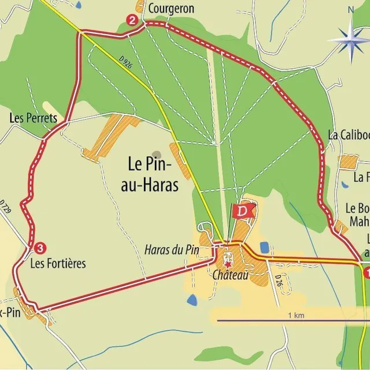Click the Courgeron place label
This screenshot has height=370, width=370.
pos(171,9)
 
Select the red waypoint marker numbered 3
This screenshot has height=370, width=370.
pos(39,249)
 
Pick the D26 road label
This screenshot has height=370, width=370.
pos(278,282)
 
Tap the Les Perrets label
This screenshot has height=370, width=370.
pos(33,118)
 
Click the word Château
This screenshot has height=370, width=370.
pos(230,276)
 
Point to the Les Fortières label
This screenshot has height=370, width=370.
pos(58,264)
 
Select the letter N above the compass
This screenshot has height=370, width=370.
pos(350,10)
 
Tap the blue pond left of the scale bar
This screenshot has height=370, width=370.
pos(192,299)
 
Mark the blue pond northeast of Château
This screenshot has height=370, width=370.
pos(264,247)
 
